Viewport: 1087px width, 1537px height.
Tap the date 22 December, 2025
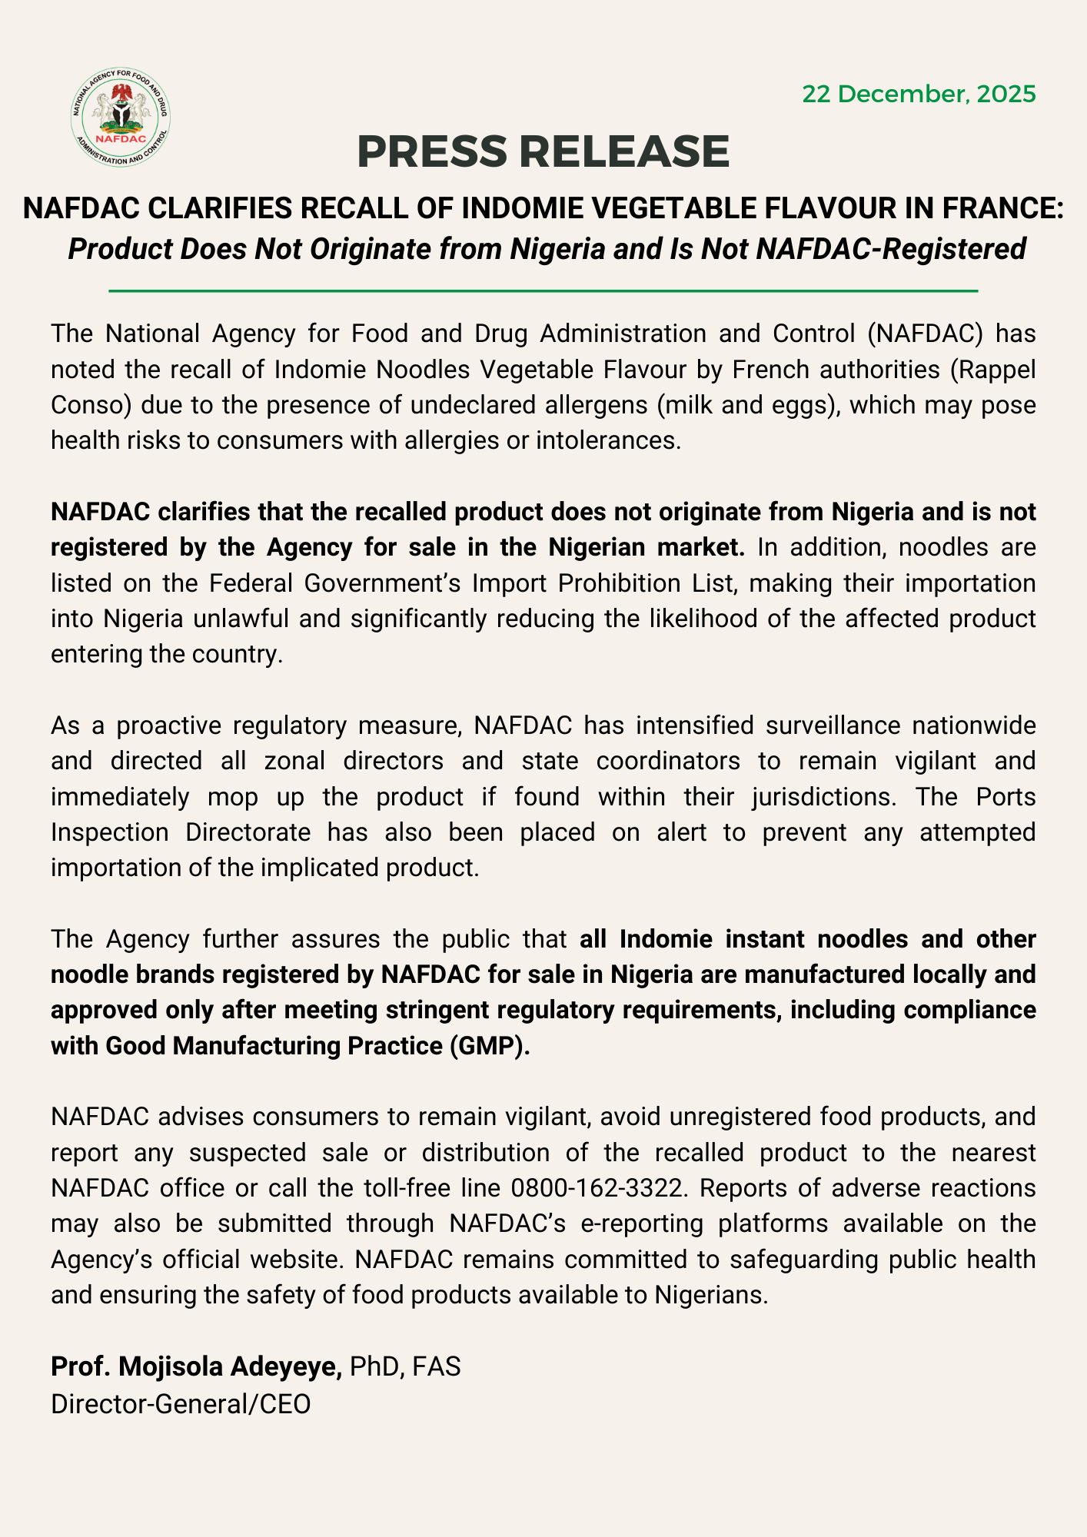[x=919, y=95]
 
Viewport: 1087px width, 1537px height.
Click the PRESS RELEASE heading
[x=543, y=151]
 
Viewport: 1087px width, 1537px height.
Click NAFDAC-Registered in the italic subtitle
[x=892, y=249]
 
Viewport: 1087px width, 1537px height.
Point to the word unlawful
[x=239, y=619]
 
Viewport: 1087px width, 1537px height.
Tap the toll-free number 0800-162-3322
[x=597, y=1188]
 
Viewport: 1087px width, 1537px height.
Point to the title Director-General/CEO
[x=181, y=1403]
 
